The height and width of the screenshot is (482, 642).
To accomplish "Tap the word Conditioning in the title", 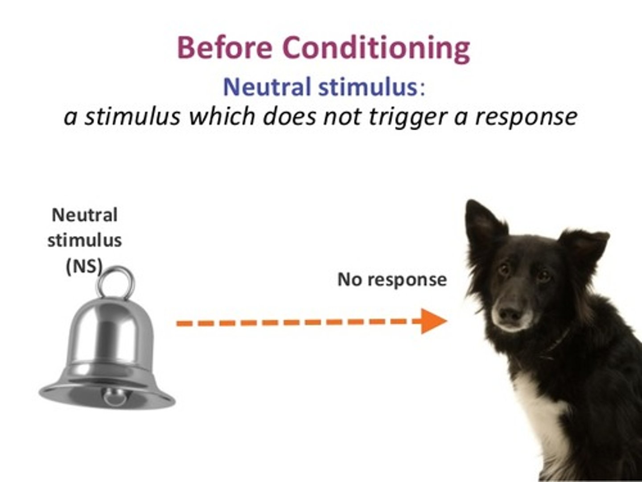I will point(376,48).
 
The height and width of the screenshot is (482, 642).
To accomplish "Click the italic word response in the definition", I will point(526,117).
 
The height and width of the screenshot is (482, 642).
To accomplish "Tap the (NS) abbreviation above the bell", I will point(84,266).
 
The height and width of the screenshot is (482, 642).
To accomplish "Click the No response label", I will point(392,279).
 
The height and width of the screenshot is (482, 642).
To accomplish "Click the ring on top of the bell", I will point(116,282).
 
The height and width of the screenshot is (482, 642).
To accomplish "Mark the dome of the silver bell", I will point(111,330).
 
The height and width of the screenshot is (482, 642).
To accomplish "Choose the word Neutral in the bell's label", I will point(85,215).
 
